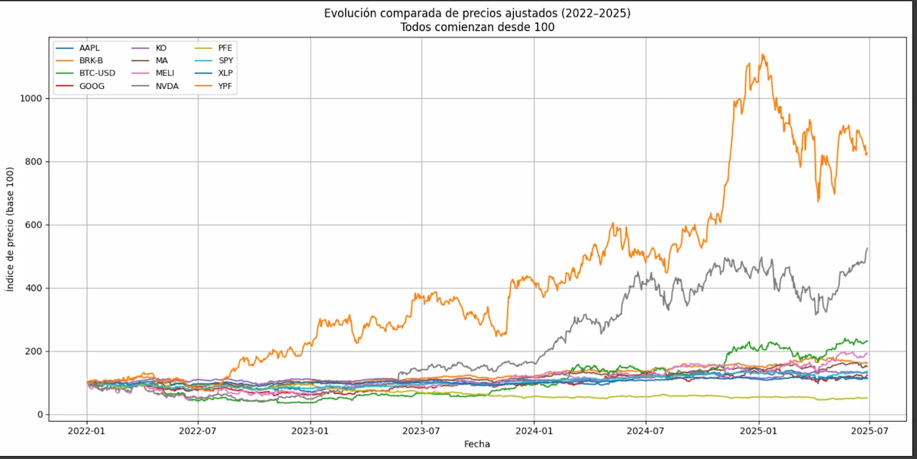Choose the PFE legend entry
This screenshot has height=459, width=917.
225,47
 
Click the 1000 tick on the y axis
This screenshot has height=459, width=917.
30,98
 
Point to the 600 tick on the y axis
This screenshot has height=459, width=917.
32,224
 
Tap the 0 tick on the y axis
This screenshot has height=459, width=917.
39,415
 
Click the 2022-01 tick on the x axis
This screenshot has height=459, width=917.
87,431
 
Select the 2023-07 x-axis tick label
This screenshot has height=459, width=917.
421,431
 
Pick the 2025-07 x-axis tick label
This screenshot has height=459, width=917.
869,431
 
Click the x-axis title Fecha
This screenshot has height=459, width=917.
477,445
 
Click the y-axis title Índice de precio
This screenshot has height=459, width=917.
10,229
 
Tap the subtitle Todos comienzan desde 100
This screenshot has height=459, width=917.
477,27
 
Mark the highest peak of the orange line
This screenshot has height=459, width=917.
763,55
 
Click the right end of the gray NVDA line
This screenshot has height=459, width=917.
868,248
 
